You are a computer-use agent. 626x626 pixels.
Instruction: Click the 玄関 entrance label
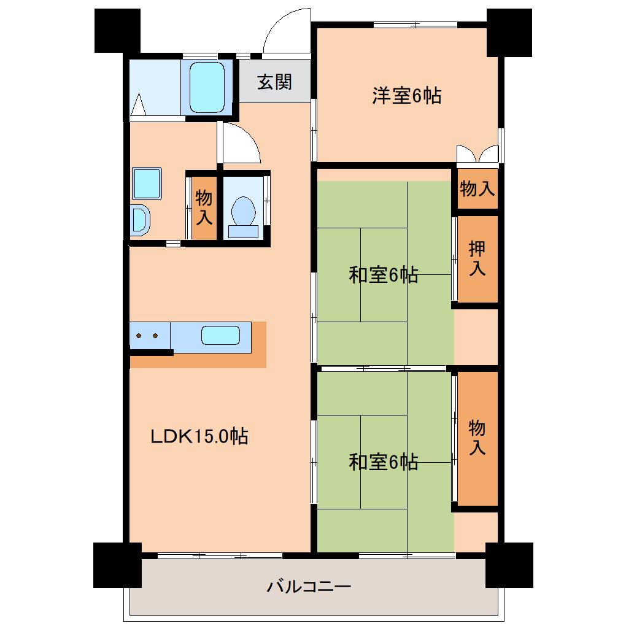point(274,82)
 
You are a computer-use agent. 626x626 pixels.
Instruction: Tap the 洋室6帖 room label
point(406,96)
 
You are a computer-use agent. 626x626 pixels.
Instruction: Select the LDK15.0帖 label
point(199,436)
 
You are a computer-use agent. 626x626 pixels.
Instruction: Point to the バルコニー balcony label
point(309,587)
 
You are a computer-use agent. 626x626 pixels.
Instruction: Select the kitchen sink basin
point(220,335)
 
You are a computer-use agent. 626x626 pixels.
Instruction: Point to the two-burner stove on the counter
point(148,336)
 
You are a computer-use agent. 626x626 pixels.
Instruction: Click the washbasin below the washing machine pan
point(139,219)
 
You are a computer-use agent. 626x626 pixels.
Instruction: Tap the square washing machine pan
point(147,183)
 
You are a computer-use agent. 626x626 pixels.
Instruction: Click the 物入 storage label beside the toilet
point(204,207)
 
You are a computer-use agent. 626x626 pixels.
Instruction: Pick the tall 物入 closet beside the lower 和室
point(477,437)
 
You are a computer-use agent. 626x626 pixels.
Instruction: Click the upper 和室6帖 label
point(384,275)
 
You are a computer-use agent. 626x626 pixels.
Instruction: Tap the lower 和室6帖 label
point(384,462)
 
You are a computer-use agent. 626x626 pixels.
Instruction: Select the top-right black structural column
point(509,33)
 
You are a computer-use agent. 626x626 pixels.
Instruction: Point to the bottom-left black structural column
point(117,565)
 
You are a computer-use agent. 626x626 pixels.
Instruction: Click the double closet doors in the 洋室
point(478,153)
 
